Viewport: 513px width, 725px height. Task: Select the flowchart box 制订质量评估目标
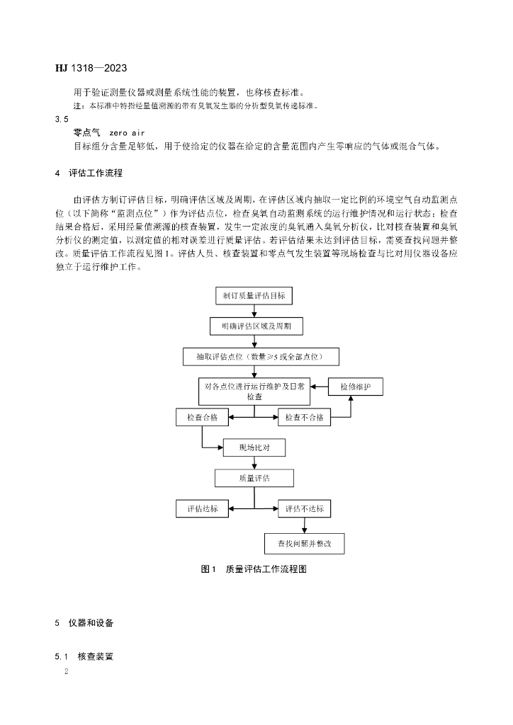pyautogui.click(x=254, y=296)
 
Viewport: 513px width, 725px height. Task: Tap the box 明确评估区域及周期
pyautogui.click(x=255, y=326)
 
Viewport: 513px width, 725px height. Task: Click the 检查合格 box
pyautogui.click(x=202, y=418)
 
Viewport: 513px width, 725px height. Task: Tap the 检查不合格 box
pyautogui.click(x=304, y=418)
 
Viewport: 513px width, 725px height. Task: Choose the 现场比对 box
pyautogui.click(x=254, y=447)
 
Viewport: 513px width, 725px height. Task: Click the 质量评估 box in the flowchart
pyautogui.click(x=254, y=478)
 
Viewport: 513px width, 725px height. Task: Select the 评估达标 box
pyautogui.click(x=202, y=508)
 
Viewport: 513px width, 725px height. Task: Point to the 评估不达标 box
pyautogui.click(x=304, y=508)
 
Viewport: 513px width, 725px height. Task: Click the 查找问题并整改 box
pyautogui.click(x=304, y=543)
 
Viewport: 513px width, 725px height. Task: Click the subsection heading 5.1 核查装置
pyautogui.click(x=84, y=656)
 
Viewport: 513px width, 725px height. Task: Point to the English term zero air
pyautogui.click(x=127, y=132)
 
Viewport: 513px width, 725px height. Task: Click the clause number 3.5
pyautogui.click(x=62, y=120)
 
